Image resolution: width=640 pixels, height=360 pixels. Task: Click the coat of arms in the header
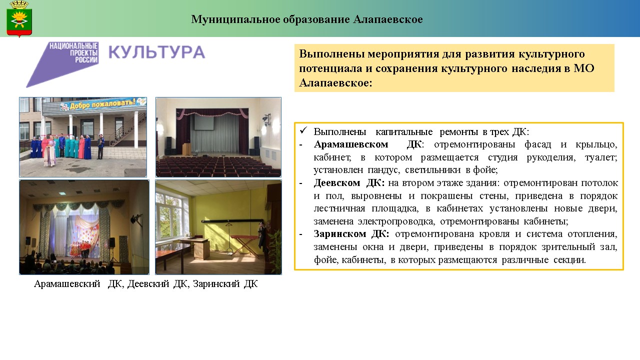coord(19,19)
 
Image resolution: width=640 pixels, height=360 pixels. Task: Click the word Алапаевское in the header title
coord(387,19)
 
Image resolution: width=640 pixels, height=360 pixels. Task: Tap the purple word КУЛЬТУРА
coord(156,52)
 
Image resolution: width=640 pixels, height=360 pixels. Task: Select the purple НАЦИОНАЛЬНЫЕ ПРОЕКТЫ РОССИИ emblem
coord(63,64)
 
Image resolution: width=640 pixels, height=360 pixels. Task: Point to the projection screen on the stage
coord(203,122)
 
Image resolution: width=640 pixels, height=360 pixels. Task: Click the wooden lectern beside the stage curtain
coord(186,149)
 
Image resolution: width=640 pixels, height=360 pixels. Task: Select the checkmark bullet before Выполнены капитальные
coord(303,130)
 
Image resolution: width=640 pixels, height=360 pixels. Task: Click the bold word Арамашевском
coord(351,144)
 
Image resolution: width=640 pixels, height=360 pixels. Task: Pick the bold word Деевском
coord(337,182)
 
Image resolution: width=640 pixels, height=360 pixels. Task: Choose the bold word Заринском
coord(339,233)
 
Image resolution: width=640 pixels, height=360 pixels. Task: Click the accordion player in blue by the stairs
coord(100,146)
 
